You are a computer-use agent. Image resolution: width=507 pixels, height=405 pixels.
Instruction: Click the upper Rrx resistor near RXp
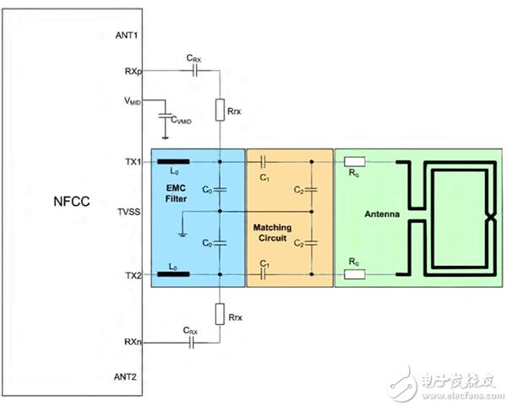(x=219, y=110)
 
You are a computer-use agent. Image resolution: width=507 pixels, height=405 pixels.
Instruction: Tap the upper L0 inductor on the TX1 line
(x=172, y=160)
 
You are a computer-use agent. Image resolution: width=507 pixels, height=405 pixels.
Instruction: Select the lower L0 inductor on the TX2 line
(x=172, y=274)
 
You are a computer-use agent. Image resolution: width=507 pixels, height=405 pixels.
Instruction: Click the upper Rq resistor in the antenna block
(x=355, y=160)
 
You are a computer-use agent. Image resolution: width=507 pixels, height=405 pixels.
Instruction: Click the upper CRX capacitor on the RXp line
(x=194, y=72)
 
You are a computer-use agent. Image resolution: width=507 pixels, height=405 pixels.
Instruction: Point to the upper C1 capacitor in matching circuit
(x=264, y=160)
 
